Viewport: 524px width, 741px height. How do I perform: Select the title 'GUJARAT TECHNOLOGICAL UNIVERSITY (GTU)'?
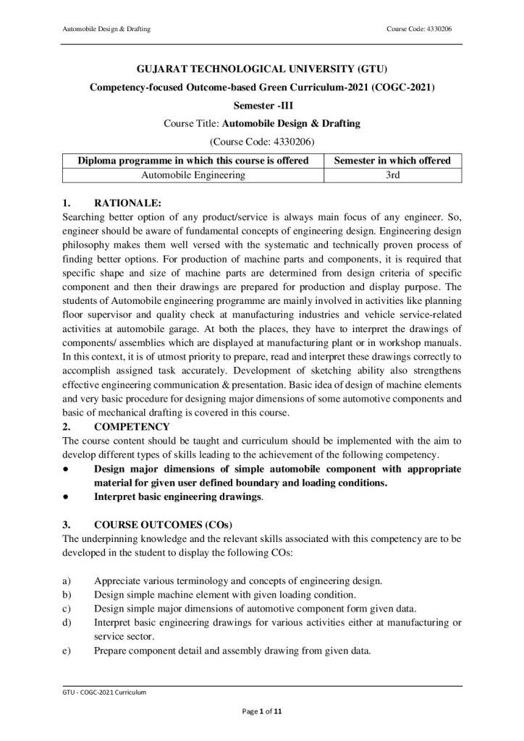point(261,70)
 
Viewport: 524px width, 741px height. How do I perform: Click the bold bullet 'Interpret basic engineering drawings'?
point(178,497)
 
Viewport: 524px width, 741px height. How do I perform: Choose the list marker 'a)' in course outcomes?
point(67,580)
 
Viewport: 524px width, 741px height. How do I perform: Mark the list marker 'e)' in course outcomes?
point(67,650)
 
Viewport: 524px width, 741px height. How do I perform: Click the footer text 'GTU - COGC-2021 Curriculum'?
point(104,693)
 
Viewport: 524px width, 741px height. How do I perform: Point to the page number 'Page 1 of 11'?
point(261,712)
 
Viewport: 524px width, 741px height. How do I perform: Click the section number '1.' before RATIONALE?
point(67,205)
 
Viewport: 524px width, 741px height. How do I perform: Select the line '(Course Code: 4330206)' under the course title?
point(261,141)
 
